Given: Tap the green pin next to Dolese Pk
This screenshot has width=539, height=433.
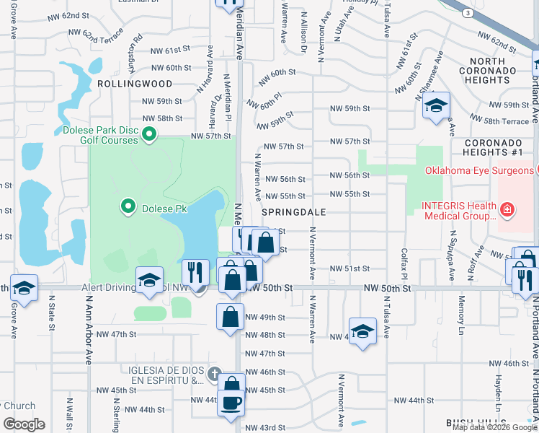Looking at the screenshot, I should click(128, 208).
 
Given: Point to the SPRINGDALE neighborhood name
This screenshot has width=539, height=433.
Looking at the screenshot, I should click(294, 212).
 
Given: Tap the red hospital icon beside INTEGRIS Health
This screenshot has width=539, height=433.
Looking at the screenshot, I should click(507, 210).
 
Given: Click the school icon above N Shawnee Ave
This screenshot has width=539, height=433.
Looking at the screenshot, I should click(436, 106).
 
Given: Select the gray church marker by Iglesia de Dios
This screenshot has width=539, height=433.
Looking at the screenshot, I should click(213, 375).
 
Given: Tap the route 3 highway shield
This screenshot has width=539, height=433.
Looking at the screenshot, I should click(468, 13).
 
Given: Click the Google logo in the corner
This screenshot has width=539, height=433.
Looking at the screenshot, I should click(24, 424).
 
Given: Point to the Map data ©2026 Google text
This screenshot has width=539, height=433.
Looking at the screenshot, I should click(494, 427).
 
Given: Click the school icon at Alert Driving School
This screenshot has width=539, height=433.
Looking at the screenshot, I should click(149, 281).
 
